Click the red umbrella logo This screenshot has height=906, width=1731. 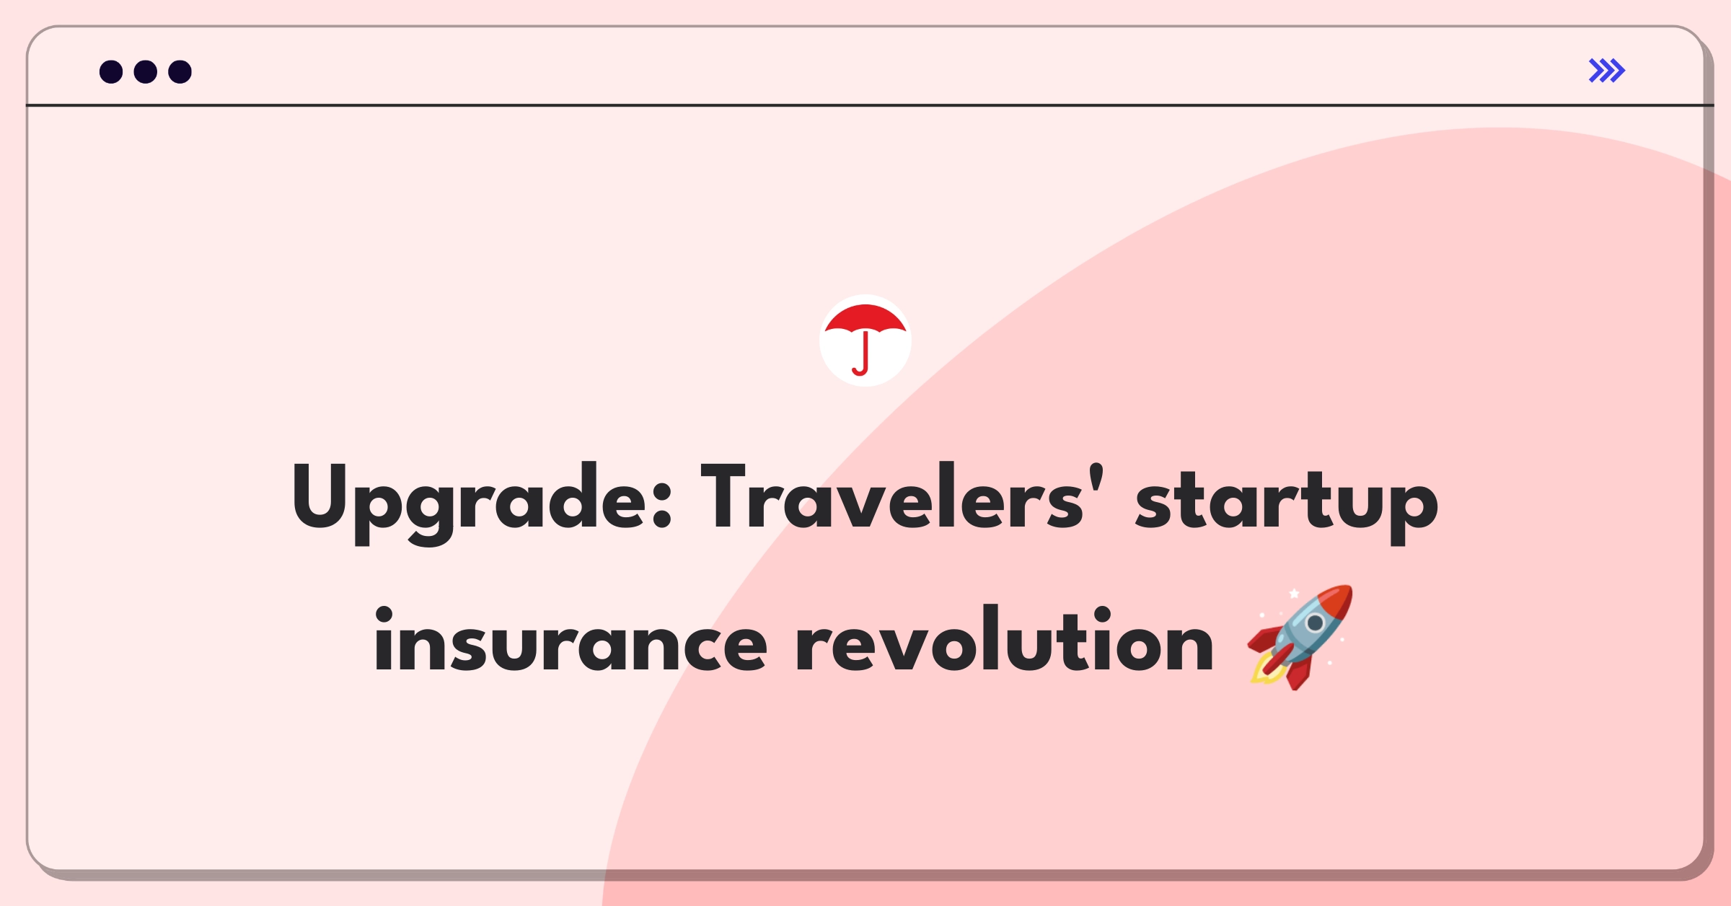(x=865, y=340)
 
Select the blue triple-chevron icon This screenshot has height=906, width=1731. (x=1607, y=71)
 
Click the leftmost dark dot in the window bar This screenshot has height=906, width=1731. (x=111, y=71)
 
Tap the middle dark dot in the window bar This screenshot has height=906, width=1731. (x=146, y=71)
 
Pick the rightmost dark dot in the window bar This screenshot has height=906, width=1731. (x=180, y=71)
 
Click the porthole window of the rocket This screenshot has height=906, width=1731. (x=1315, y=623)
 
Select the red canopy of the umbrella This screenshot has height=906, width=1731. (x=865, y=320)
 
